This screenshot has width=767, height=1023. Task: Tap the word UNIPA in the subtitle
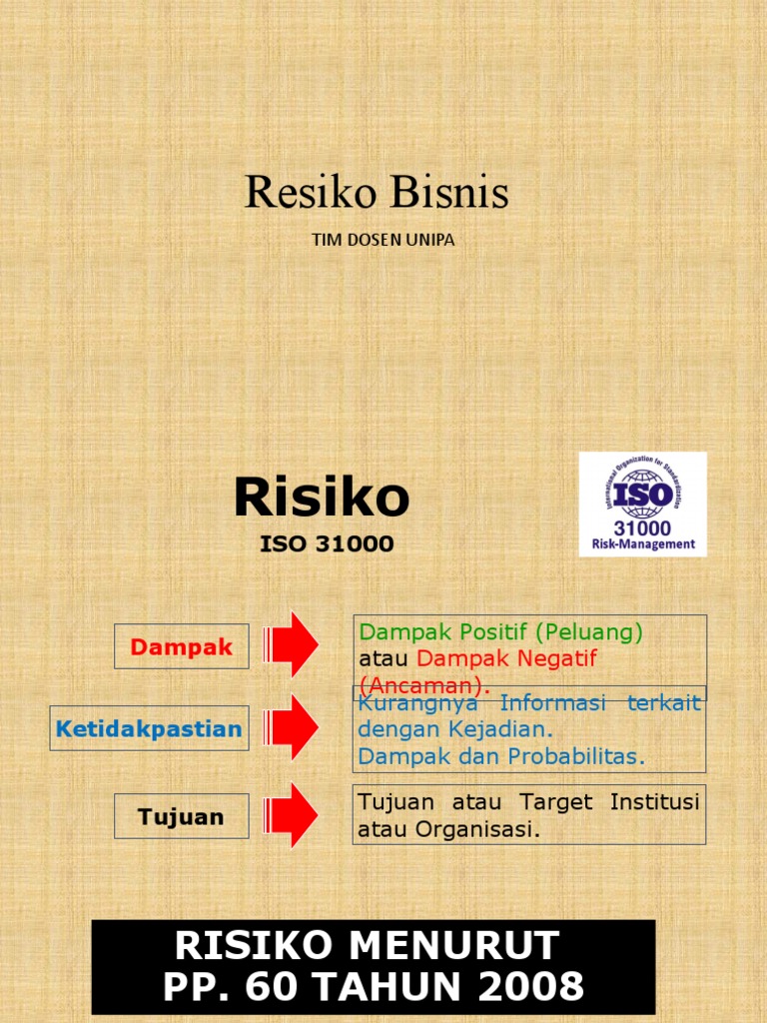coord(429,240)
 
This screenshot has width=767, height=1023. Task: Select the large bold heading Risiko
coord(322,498)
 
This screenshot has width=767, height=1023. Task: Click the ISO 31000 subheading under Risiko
coord(327,545)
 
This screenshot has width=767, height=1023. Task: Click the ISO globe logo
coord(642,493)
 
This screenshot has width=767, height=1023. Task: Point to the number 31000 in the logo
coord(642,527)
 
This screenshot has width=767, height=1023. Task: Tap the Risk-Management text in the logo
coord(642,544)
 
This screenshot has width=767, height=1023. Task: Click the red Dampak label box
coord(182,646)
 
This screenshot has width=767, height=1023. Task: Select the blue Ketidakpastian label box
coord(149,729)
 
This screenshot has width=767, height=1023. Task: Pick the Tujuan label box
coord(182,816)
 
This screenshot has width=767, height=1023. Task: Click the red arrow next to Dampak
coord(291,644)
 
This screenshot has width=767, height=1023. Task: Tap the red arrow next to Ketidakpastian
coord(291,728)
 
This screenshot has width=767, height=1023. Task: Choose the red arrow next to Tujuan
coord(291,815)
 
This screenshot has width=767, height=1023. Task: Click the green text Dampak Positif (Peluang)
coord(501,632)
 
